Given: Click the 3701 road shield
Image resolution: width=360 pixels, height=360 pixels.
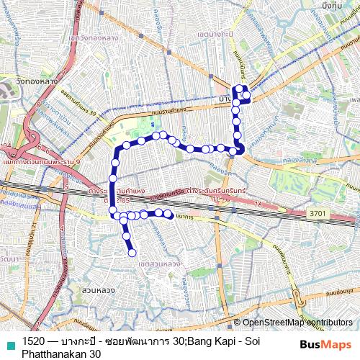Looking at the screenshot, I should (x=318, y=214).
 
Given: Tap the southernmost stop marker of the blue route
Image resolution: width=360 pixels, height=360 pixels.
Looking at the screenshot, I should (x=132, y=252).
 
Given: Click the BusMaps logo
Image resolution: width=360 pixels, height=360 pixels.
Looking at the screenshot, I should (x=325, y=343).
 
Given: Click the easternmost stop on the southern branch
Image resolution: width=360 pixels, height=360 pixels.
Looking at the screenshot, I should (x=168, y=214).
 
